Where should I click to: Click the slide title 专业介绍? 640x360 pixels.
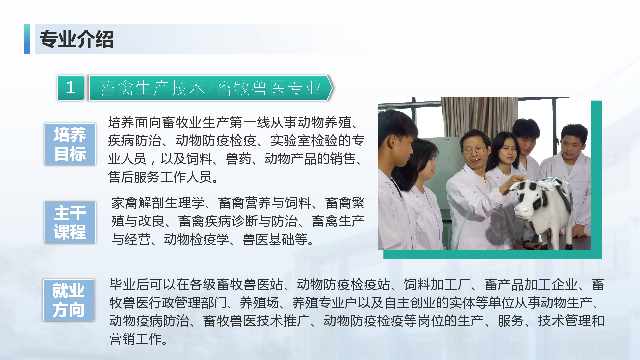(77, 39)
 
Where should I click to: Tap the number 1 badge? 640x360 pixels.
(71, 88)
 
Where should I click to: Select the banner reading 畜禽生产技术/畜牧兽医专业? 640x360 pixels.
(211, 88)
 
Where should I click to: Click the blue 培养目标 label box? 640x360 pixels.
(70, 144)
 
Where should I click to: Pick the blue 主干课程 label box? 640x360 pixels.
(70, 222)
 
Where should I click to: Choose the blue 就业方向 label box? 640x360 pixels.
(69, 300)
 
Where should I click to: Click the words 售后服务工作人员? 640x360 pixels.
(160, 177)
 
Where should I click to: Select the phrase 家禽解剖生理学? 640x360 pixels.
(158, 203)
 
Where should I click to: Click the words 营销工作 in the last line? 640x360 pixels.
(135, 339)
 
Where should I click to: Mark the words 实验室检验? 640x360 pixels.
(304, 141)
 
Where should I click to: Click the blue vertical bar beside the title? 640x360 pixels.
(27, 39)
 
